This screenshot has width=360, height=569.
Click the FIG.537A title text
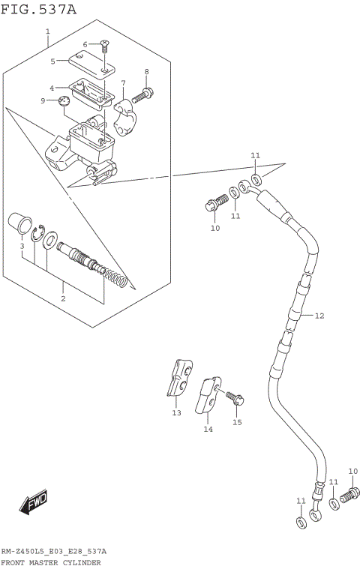38,8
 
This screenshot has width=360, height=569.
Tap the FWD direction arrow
34,502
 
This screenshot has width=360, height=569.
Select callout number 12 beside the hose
319,316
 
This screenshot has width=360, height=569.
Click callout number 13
176,412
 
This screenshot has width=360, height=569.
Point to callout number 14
208,429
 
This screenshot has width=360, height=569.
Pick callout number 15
237,422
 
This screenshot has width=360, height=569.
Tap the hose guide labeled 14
208,394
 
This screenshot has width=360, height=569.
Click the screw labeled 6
104,49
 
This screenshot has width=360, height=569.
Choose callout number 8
147,71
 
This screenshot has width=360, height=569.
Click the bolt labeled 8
144,94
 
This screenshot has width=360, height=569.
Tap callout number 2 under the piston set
63,298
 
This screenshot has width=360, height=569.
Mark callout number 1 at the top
47,31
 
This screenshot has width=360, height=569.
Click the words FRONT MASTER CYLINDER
50,562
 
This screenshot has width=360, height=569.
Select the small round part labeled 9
64,102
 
